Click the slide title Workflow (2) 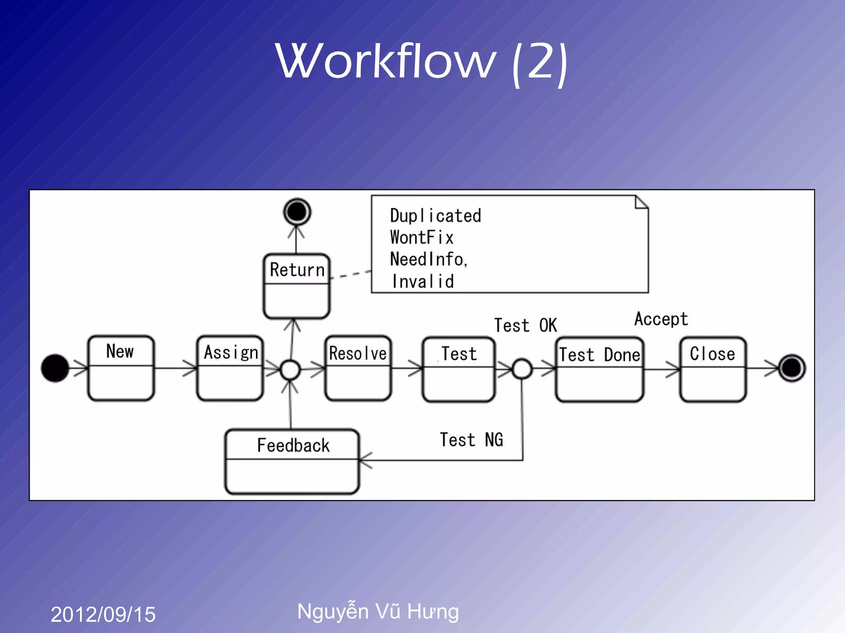tap(422, 62)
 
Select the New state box tap(121, 368)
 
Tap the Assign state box tap(230, 368)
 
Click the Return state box tap(296, 286)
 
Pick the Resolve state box tap(358, 368)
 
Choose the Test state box tap(458, 369)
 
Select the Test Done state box tap(599, 369)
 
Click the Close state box tap(713, 369)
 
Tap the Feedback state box tap(292, 461)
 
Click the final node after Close tap(791, 368)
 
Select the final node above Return tap(297, 212)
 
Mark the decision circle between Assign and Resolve tap(290, 370)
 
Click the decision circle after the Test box tap(522, 369)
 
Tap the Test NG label tap(471, 440)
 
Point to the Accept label tap(661, 319)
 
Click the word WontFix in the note tap(421, 237)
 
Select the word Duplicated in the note tap(435, 216)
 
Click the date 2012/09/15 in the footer tap(103, 614)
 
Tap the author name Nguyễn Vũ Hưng tap(378, 611)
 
